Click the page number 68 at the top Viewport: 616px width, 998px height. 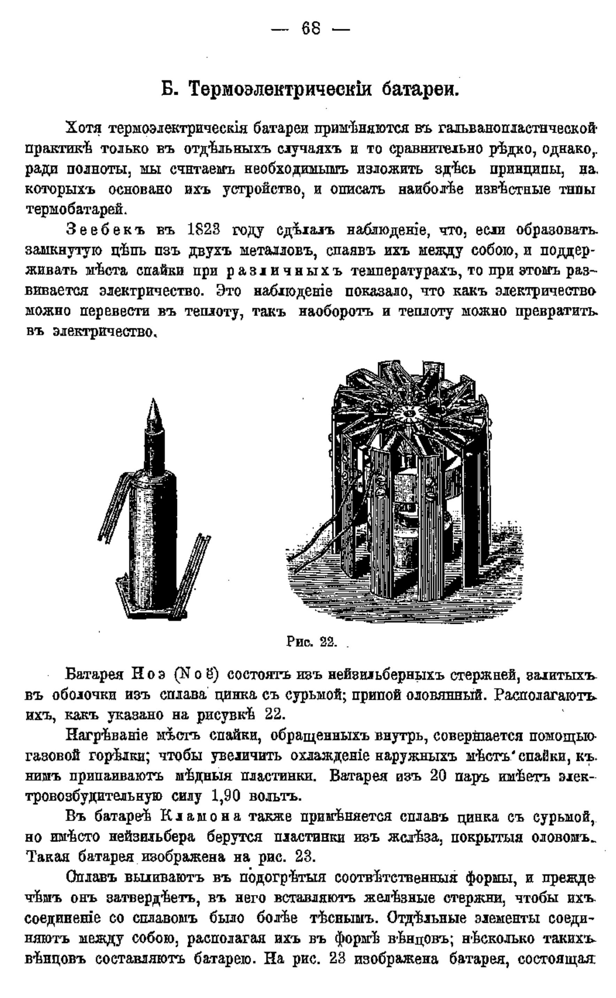pyautogui.click(x=311, y=29)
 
